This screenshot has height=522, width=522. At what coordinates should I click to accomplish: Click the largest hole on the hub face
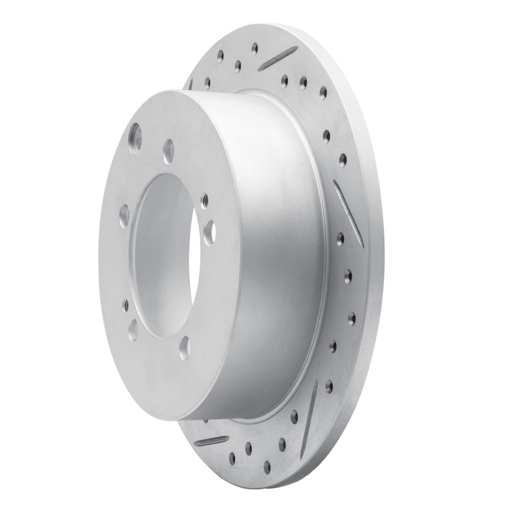pos(135,138)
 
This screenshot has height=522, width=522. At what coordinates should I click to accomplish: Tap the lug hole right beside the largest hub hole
pos(168,151)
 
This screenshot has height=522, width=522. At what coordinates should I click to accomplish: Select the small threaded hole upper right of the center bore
pos(205,201)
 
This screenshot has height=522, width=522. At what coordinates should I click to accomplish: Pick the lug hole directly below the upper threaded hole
pos(209,231)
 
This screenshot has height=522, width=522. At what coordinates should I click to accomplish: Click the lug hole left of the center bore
pos(124,215)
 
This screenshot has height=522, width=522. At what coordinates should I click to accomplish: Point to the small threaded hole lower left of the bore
pos(125,304)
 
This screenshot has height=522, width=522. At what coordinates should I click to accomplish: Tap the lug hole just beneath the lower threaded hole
pos(132,330)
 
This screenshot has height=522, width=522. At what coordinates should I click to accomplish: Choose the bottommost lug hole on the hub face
pos(185,348)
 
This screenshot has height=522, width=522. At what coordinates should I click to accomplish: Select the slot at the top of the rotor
pos(278,58)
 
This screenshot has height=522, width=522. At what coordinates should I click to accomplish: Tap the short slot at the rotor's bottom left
pos(211,441)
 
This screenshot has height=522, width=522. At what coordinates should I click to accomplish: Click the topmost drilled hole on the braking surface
pos(254,46)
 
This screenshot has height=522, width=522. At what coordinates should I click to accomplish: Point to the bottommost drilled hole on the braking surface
pos(267,467)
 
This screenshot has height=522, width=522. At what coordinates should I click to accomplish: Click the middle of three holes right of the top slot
pos(303,82)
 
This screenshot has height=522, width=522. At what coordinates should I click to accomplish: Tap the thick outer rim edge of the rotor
pos(375,261)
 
